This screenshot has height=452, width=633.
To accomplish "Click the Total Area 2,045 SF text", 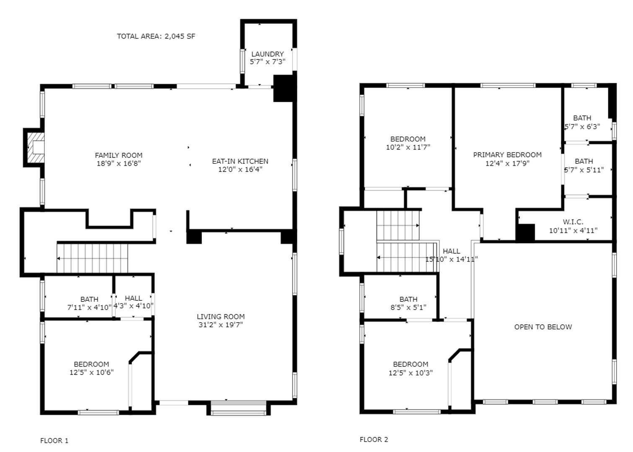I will pyautogui.click(x=156, y=36).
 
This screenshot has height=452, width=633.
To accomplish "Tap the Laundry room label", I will pyautogui.click(x=267, y=54).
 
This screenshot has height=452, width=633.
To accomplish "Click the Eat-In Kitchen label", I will pyautogui.click(x=240, y=161).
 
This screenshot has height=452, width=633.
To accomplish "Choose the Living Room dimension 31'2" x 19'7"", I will pyautogui.click(x=220, y=325).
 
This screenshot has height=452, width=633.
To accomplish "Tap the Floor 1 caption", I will pyautogui.click(x=54, y=440).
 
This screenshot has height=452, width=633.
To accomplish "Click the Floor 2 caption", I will pyautogui.click(x=374, y=439).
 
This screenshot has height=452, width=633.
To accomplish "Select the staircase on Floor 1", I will pyautogui.click(x=92, y=258).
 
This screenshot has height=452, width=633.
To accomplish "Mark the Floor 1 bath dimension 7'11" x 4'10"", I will pyautogui.click(x=89, y=307).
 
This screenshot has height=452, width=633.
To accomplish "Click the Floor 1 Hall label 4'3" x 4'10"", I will pyautogui.click(x=133, y=302).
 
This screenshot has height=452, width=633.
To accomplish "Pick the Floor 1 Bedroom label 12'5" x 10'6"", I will pyautogui.click(x=91, y=368).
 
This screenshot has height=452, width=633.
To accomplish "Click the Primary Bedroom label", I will pyautogui.click(x=507, y=155).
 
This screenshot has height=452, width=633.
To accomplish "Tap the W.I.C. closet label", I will pyautogui.click(x=573, y=222).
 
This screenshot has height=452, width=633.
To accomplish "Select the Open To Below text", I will pyautogui.click(x=543, y=327).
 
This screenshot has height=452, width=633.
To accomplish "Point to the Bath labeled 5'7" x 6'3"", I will pyautogui.click(x=582, y=122).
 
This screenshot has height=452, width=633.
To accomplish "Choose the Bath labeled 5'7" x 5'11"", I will pyautogui.click(x=584, y=165).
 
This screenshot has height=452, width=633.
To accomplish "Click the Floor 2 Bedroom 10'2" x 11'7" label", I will pyautogui.click(x=408, y=143).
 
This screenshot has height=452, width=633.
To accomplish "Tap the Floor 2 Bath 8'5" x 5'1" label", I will pyautogui.click(x=408, y=303).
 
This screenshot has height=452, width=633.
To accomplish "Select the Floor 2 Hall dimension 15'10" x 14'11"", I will pyautogui.click(x=452, y=259).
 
